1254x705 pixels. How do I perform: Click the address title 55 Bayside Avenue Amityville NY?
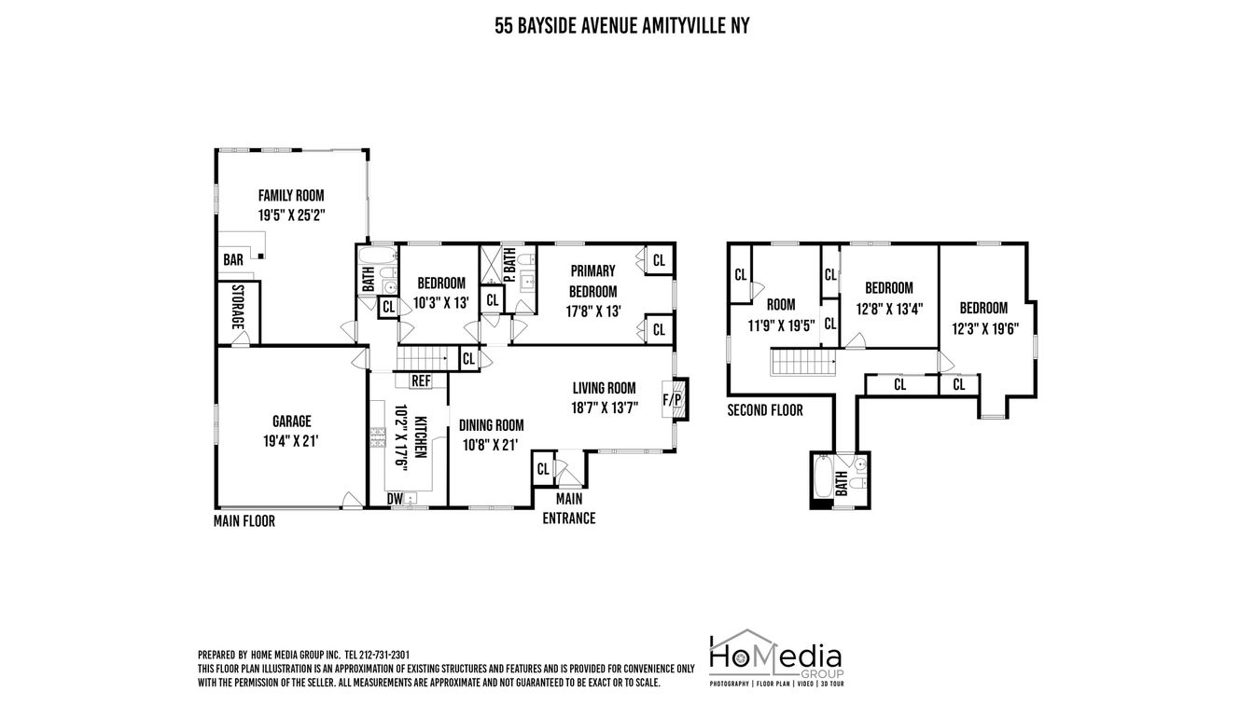coord(622,26)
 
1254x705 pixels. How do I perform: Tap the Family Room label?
coord(291,195)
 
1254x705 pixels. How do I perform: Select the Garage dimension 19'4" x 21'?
coord(291,441)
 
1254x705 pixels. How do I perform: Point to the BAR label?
coord(233,259)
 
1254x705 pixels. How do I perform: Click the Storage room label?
coord(239,307)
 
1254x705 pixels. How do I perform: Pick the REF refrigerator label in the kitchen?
coord(421,381)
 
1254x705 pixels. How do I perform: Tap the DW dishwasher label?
coord(395,498)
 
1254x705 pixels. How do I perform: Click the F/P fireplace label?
coord(672,399)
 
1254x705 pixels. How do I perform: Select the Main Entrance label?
coord(569,508)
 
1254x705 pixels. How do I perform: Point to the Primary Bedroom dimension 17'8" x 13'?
coord(593,311)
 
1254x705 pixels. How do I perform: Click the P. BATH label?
coord(509,265)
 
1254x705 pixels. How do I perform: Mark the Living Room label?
coord(604,388)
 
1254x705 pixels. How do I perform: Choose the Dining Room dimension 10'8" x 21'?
coord(491,445)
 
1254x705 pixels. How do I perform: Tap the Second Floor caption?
coord(765,410)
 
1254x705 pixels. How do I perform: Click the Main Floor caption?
coord(244,521)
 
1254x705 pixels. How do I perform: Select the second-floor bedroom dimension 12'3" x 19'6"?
coord(985,328)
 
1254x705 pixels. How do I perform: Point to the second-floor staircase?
coord(803,362)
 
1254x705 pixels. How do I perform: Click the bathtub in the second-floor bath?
coord(823,477)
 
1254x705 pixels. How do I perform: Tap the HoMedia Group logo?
coord(776,658)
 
